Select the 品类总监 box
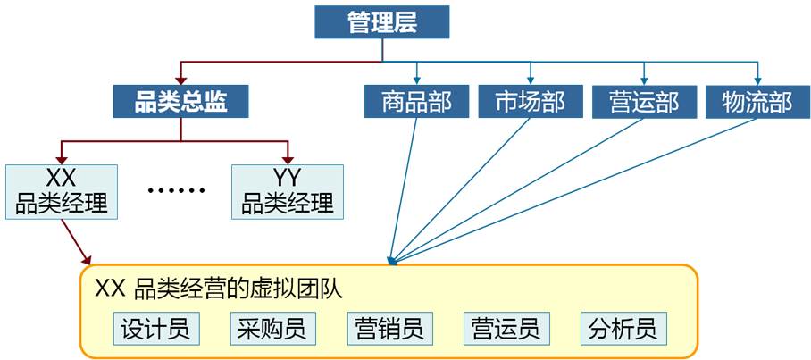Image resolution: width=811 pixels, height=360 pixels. pos(180,101)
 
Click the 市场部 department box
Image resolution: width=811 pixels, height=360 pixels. pos(531,101)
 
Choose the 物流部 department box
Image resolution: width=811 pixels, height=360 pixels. pos(757,101)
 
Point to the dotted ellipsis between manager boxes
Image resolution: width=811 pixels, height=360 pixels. pos(176,191)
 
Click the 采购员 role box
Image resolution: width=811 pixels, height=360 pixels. pos(272,329)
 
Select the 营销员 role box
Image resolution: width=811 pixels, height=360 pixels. pos(389,329)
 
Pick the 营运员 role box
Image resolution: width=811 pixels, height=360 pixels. pos(506,329)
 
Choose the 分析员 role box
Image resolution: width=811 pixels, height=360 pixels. pos(623,329)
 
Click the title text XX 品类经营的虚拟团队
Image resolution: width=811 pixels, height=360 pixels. pos(220,289)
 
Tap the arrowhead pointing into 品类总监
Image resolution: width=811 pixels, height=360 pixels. pos(181,78)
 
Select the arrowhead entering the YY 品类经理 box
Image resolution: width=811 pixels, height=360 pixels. pos(288,156)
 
